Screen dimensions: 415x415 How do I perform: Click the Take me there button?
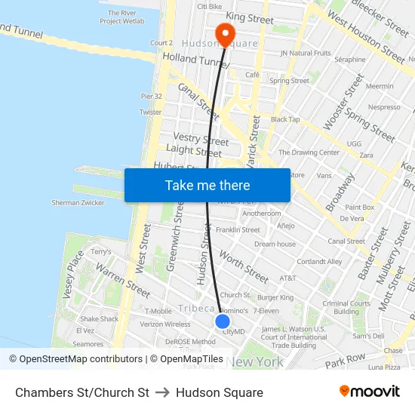tap(207, 185)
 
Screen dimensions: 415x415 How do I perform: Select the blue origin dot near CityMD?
tap(223, 321)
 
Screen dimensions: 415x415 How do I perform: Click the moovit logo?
tap(370, 392)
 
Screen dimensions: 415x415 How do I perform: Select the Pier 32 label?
tap(152, 97)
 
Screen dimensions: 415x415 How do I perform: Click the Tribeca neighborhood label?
tap(197, 309)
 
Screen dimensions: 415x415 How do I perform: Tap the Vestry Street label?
tap(201, 140)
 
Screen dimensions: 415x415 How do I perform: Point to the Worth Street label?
tap(243, 266)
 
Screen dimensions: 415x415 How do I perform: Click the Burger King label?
tap(275, 297)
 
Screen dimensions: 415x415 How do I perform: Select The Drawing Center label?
tap(309, 152)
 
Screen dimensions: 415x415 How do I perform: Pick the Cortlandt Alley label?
tap(319, 261)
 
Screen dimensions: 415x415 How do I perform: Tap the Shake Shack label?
tap(100, 319)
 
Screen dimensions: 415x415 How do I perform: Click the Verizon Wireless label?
tap(165, 324)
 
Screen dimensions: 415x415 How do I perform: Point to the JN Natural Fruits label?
tap(306, 54)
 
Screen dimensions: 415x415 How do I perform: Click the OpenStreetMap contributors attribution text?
tap(76, 359)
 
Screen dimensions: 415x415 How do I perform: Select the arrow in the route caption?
tap(162, 392)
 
